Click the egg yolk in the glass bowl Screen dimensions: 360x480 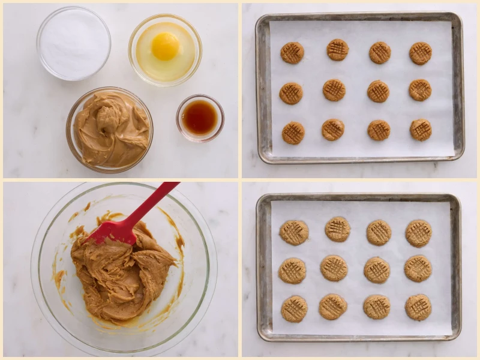[165, 46]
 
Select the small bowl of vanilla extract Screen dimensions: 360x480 [200, 117]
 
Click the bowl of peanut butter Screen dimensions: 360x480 [110, 129]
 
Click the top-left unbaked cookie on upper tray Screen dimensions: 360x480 [292, 53]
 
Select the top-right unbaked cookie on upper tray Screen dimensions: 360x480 [421, 53]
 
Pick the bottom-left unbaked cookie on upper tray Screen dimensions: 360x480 [293, 133]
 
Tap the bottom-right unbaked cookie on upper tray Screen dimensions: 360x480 [421, 130]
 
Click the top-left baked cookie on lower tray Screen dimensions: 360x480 [294, 232]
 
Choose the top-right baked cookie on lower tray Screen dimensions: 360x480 [418, 233]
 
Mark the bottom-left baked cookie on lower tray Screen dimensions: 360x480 [295, 308]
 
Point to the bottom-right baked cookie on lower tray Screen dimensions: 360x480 [418, 307]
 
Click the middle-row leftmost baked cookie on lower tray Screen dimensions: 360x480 [292, 271]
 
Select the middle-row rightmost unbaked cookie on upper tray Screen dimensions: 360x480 [420, 90]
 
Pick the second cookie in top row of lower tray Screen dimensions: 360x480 [338, 229]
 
